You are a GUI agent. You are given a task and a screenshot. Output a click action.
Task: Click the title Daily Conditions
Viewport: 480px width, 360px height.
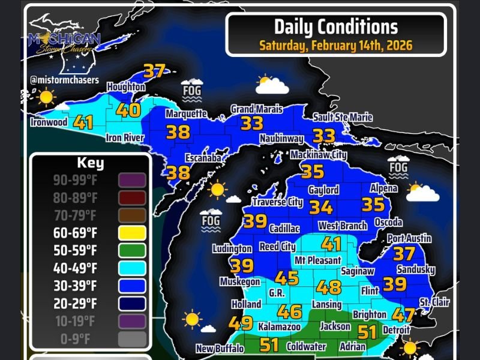[335, 27]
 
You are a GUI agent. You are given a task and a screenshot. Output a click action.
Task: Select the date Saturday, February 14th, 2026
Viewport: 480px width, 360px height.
[335, 45]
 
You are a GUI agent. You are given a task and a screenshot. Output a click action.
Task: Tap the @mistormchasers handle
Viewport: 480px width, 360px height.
[64, 80]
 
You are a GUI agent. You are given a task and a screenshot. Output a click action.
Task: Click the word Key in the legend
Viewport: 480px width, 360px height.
[90, 163]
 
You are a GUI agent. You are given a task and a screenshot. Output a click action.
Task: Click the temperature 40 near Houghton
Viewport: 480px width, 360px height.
[128, 110]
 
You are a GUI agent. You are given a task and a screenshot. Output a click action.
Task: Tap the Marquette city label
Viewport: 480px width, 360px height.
[186, 113]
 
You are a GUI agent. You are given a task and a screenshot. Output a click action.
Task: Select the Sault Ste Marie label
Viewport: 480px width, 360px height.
[343, 118]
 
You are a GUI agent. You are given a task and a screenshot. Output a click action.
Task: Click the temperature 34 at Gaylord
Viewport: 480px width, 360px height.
[322, 208]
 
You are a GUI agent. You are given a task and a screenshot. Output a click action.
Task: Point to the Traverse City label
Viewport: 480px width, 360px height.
[277, 202]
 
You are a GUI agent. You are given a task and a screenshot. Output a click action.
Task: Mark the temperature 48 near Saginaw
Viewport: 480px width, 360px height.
[329, 287]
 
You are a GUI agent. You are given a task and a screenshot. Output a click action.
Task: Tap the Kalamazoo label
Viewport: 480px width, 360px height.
[278, 327]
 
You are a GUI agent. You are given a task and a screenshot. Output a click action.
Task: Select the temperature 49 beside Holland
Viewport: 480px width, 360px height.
[241, 323]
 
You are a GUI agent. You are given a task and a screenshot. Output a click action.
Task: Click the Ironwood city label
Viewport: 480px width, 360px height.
[49, 122]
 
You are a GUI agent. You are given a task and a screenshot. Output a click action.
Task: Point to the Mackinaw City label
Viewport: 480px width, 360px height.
[319, 155]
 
